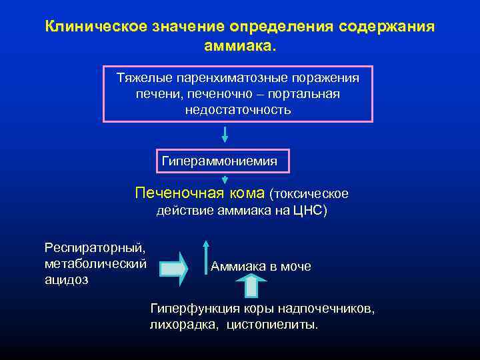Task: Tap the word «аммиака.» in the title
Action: (239, 47)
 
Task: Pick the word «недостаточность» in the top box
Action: (238, 109)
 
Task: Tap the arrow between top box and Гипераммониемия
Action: (225, 134)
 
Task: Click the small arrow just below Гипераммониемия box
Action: (225, 179)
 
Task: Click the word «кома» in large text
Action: (247, 193)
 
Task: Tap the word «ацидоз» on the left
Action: (66, 280)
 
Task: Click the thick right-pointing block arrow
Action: (174, 268)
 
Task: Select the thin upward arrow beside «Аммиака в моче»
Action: (206, 257)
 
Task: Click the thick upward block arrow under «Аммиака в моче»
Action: (251, 285)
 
